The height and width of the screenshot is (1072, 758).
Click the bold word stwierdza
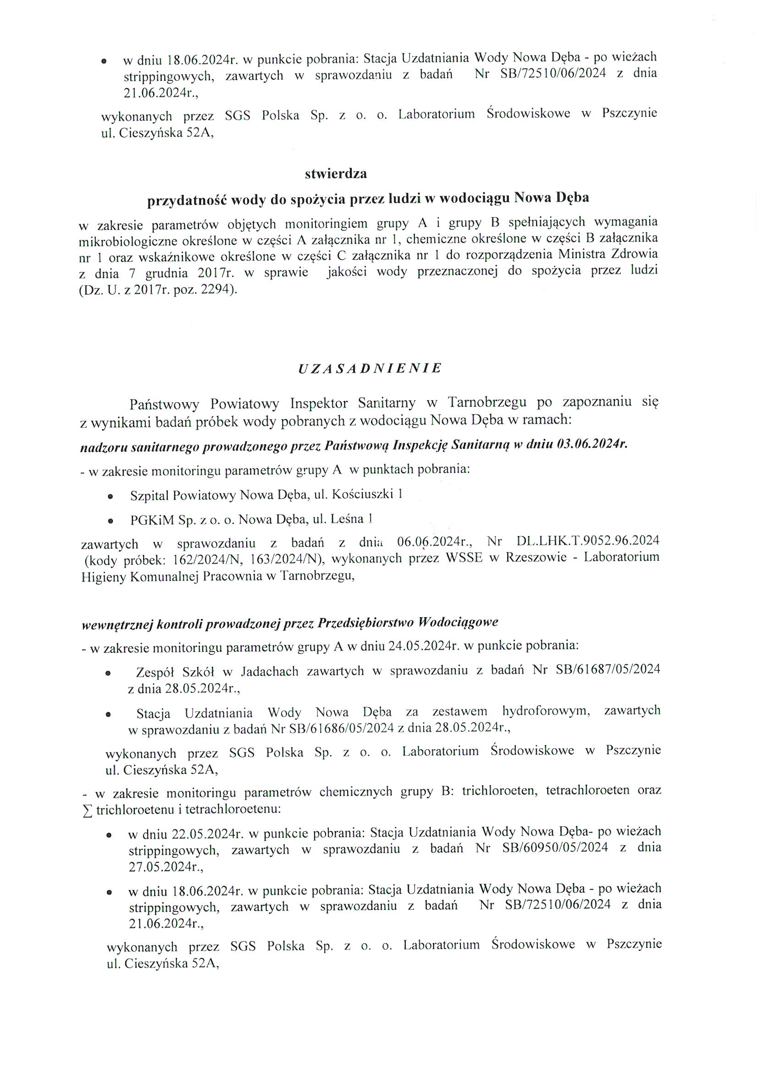pyautogui.click(x=336, y=174)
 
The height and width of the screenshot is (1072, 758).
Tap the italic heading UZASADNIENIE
pyautogui.click(x=370, y=368)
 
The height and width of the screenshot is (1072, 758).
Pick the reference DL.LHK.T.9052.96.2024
pyautogui.click(x=587, y=541)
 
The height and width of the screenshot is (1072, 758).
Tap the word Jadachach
pyautogui.click(x=270, y=671)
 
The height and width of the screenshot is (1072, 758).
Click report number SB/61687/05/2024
pyautogui.click(x=608, y=669)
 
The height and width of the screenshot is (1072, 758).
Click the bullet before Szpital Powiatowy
pyautogui.click(x=110, y=497)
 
